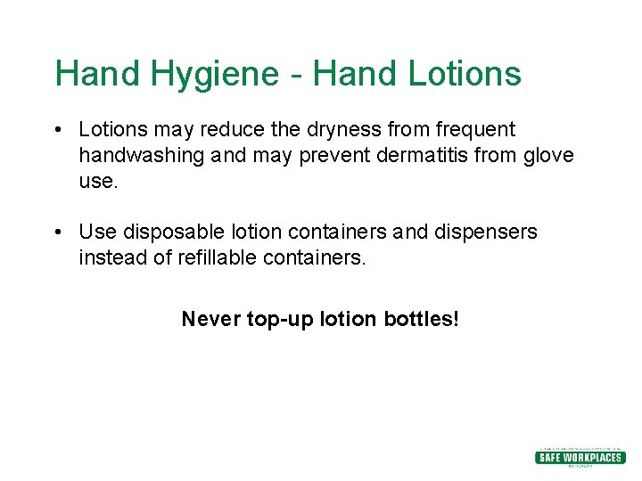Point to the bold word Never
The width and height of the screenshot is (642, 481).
pyautogui.click(x=210, y=319)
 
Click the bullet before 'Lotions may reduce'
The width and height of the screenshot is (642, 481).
pyautogui.click(x=57, y=131)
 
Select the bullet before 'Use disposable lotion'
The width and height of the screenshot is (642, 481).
pyautogui.click(x=57, y=232)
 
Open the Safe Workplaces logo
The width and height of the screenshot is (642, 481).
pyautogui.click(x=580, y=457)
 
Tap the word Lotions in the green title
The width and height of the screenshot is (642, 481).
pyautogui.click(x=465, y=74)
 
